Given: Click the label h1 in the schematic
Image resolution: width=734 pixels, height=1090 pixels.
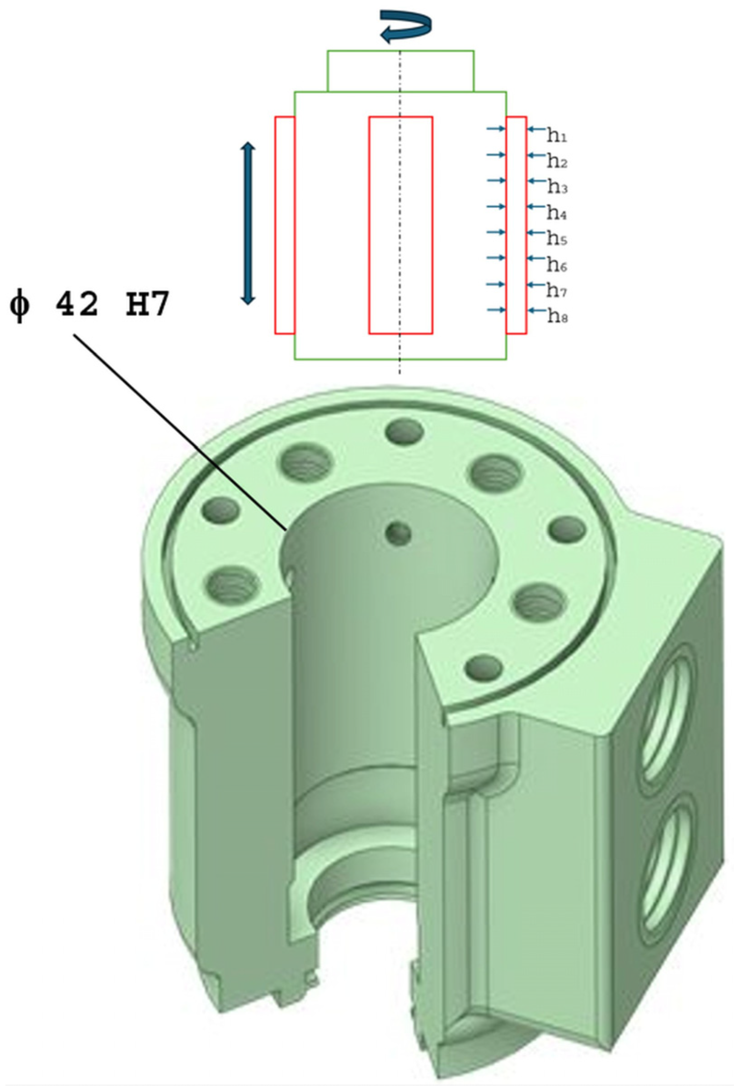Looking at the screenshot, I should pos(557,136).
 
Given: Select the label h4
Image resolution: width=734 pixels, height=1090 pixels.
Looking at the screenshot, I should pos(557,213).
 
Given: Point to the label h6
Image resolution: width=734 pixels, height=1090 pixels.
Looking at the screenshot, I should pos(557,265).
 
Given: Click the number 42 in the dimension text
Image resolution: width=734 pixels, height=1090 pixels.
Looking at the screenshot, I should pos(77,306).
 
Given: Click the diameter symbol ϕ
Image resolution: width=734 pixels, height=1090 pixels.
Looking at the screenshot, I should pos(19,307).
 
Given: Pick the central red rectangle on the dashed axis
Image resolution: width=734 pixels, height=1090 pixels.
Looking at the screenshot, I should pos(400,225).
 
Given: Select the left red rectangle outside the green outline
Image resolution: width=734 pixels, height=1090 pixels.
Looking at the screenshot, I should pos(285,225).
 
